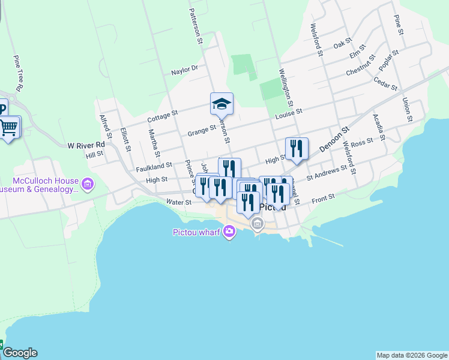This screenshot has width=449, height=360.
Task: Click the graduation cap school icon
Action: coord(221,104)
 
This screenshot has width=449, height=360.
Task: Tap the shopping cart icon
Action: coord(9,127)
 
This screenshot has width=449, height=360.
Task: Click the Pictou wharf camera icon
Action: coord(229,232)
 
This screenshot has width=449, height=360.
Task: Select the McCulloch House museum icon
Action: coord(88,184)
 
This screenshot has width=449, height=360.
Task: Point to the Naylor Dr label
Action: coord(184,70)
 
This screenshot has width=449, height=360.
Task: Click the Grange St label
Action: coord(201,128)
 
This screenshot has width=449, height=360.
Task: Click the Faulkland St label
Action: coord(154,164)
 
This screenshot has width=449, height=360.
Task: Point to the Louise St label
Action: coord(289,112)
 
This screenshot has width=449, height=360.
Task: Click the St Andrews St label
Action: coord(327,172)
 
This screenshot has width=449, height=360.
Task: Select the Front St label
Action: coord(322,196)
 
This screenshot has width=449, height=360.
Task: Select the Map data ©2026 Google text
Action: coord(411,355)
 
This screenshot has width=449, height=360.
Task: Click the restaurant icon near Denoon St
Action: coord(296,148)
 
